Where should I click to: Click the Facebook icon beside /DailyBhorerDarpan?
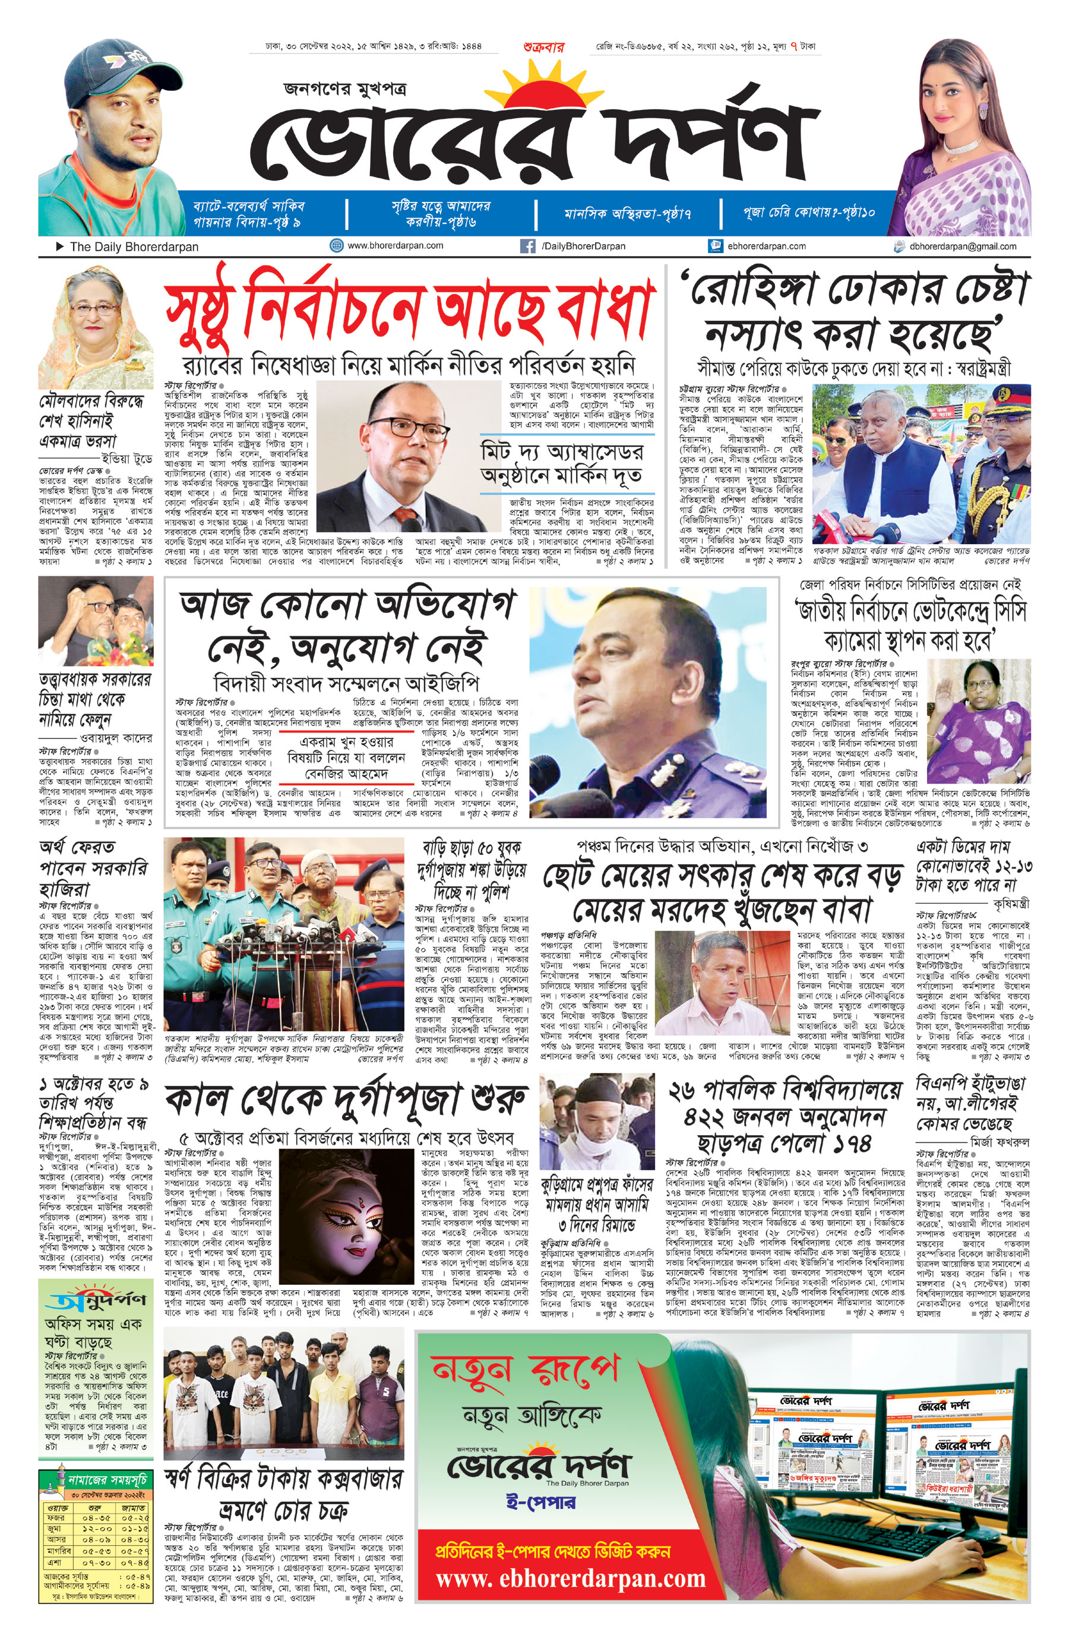point(527,245)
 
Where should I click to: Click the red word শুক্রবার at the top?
point(543,48)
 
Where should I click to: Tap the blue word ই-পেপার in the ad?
point(540,1502)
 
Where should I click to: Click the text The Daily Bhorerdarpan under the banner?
point(134,247)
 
